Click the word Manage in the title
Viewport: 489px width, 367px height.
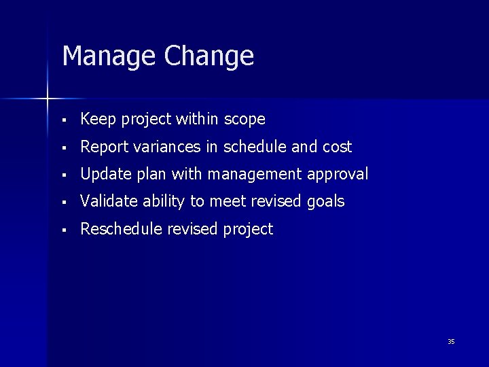[109, 56]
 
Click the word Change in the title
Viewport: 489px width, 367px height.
[209, 56]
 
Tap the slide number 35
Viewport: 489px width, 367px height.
[451, 341]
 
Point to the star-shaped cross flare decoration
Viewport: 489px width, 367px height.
[48, 99]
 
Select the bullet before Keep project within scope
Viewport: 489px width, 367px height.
[63, 120]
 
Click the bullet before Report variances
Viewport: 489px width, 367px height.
[63, 147]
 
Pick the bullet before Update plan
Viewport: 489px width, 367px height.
[63, 175]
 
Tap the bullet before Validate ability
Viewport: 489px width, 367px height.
[63, 203]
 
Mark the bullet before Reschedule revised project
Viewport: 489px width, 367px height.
[63, 230]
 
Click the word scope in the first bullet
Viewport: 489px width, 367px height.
[244, 120]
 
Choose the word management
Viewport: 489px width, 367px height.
[256, 175]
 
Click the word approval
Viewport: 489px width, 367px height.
[338, 175]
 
